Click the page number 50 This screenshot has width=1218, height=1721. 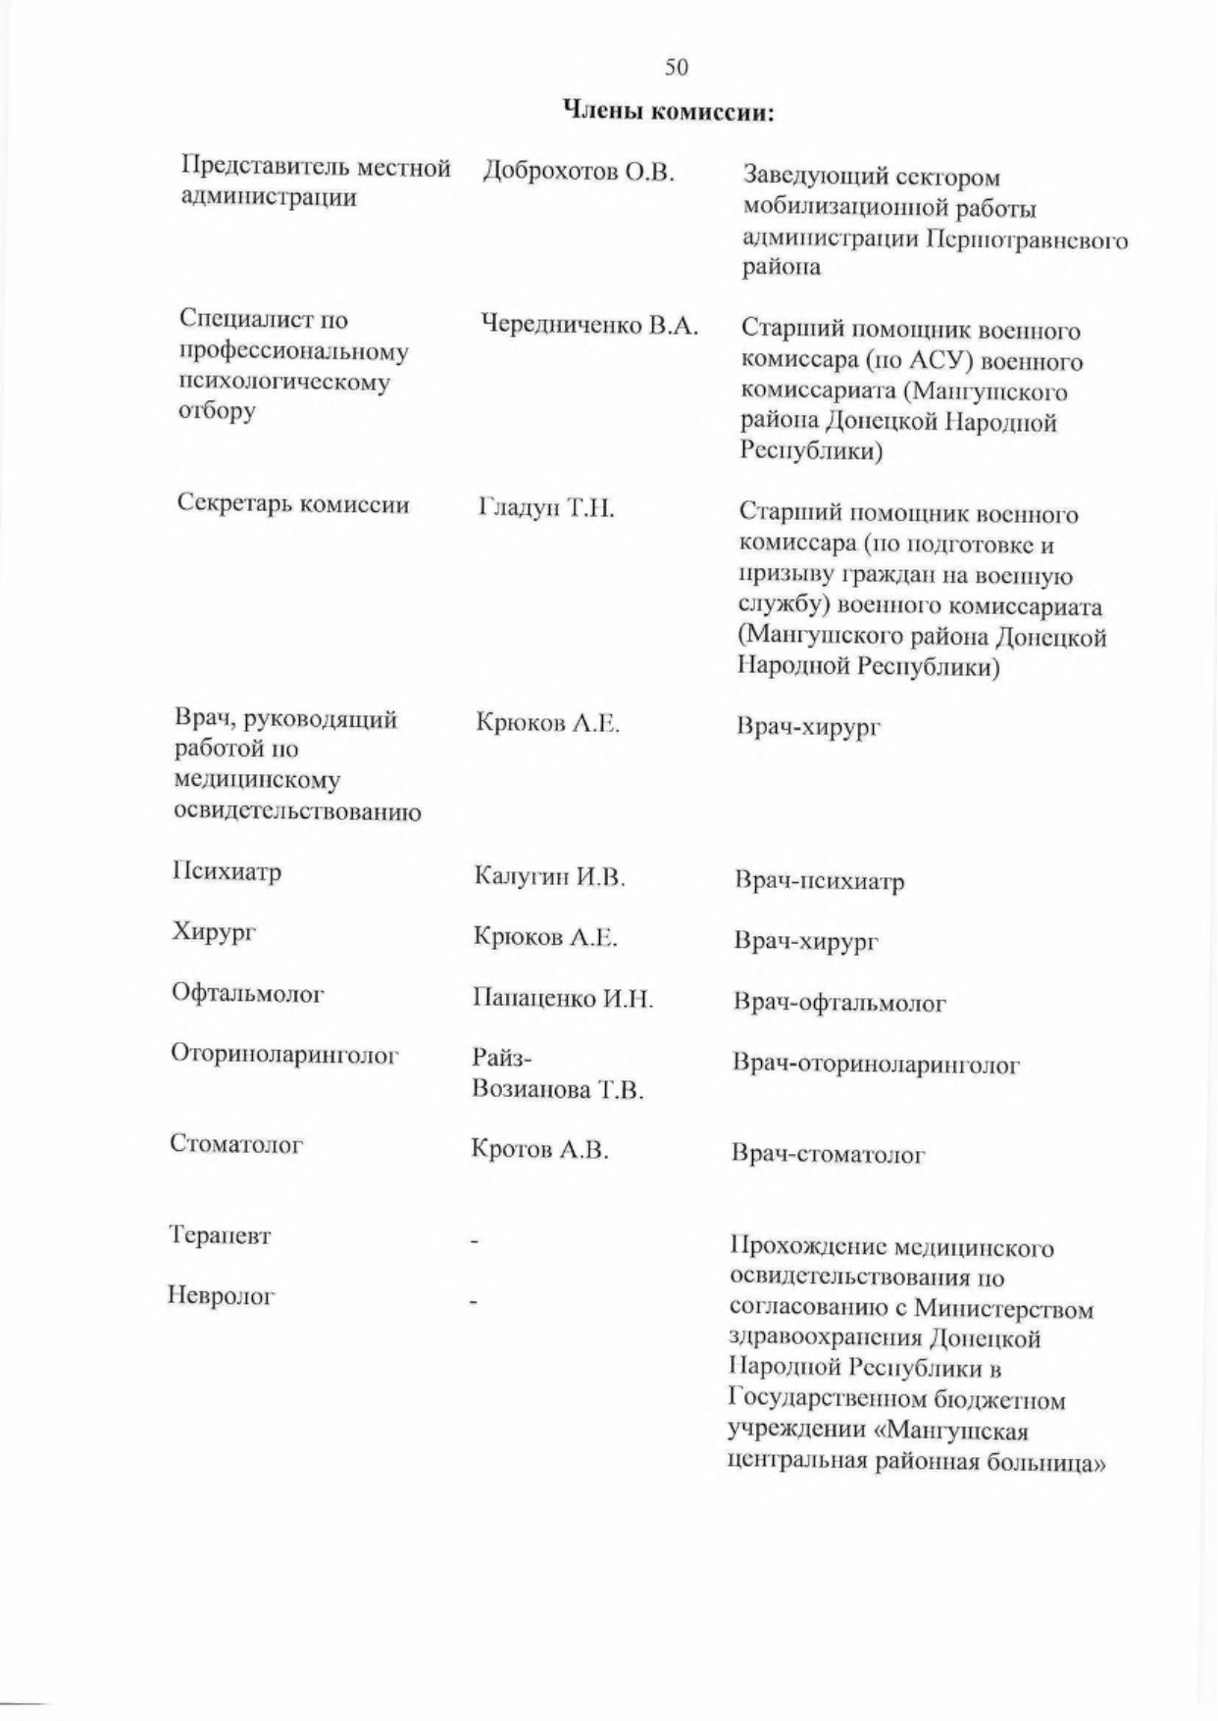click(x=677, y=67)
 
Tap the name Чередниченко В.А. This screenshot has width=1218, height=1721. click(x=588, y=326)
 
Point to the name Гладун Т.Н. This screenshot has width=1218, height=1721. click(x=546, y=508)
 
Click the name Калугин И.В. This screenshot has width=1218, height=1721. click(x=549, y=876)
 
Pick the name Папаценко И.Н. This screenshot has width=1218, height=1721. click(x=563, y=999)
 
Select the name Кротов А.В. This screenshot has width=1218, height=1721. click(x=539, y=1150)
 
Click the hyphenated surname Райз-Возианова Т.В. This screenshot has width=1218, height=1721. click(x=557, y=1074)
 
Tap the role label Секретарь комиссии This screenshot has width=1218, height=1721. click(x=293, y=504)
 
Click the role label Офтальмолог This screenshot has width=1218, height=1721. click(x=248, y=993)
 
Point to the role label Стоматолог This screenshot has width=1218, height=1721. click(x=237, y=1144)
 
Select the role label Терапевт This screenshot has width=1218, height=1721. click(x=221, y=1235)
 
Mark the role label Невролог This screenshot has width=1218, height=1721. click(x=221, y=1296)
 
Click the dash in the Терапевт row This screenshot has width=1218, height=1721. click(x=475, y=1244)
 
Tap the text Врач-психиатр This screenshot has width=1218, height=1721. click(x=819, y=881)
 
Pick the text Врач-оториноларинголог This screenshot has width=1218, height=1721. click(x=876, y=1065)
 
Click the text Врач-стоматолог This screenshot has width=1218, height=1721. click(x=829, y=1155)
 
